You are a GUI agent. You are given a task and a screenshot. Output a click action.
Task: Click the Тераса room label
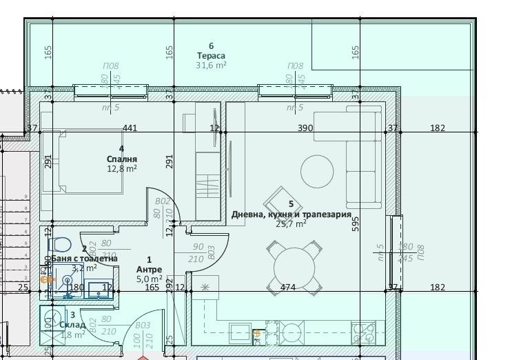211,56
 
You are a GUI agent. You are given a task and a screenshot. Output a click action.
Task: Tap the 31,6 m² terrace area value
211,66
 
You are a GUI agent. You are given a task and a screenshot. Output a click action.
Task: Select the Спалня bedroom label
121,158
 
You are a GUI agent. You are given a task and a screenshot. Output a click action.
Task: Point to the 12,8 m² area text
121,168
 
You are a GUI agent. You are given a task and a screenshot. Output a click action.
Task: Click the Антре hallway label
150,269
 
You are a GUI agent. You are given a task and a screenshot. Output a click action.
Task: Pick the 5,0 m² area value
150,279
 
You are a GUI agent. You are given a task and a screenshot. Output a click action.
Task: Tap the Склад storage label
72,325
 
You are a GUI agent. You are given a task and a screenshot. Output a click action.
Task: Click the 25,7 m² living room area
291,223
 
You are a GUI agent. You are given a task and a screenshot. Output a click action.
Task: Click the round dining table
294,266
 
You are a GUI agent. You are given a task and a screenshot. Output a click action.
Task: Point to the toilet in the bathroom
61,244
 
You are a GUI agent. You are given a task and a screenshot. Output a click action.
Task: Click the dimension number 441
130,128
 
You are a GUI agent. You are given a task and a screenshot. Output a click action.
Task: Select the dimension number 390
305,128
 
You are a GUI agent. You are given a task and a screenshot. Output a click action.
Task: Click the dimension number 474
288,287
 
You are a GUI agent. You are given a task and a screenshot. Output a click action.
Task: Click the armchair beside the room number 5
282,201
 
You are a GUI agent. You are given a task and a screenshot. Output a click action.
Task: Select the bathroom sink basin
68,282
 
